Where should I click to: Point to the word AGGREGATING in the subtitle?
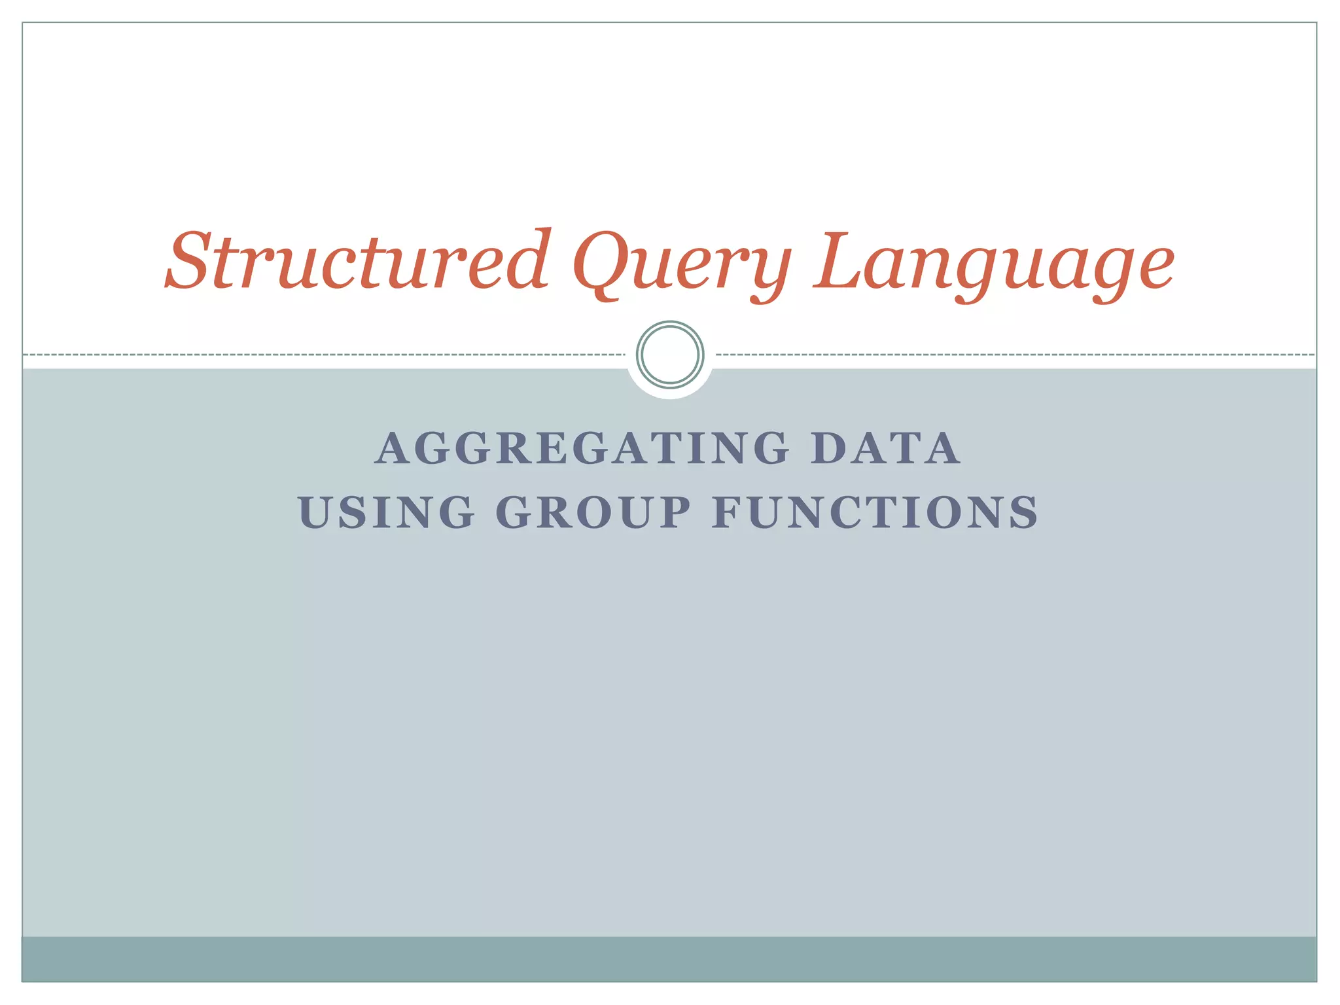click(582, 449)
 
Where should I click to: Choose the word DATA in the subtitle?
click(885, 449)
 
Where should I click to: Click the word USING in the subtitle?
click(386, 512)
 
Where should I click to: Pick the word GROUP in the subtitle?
click(593, 512)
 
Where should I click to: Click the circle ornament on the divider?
click(670, 355)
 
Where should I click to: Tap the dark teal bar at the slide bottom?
click(670, 959)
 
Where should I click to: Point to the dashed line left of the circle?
click(327, 355)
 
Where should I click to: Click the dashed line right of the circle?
click(1014, 355)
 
